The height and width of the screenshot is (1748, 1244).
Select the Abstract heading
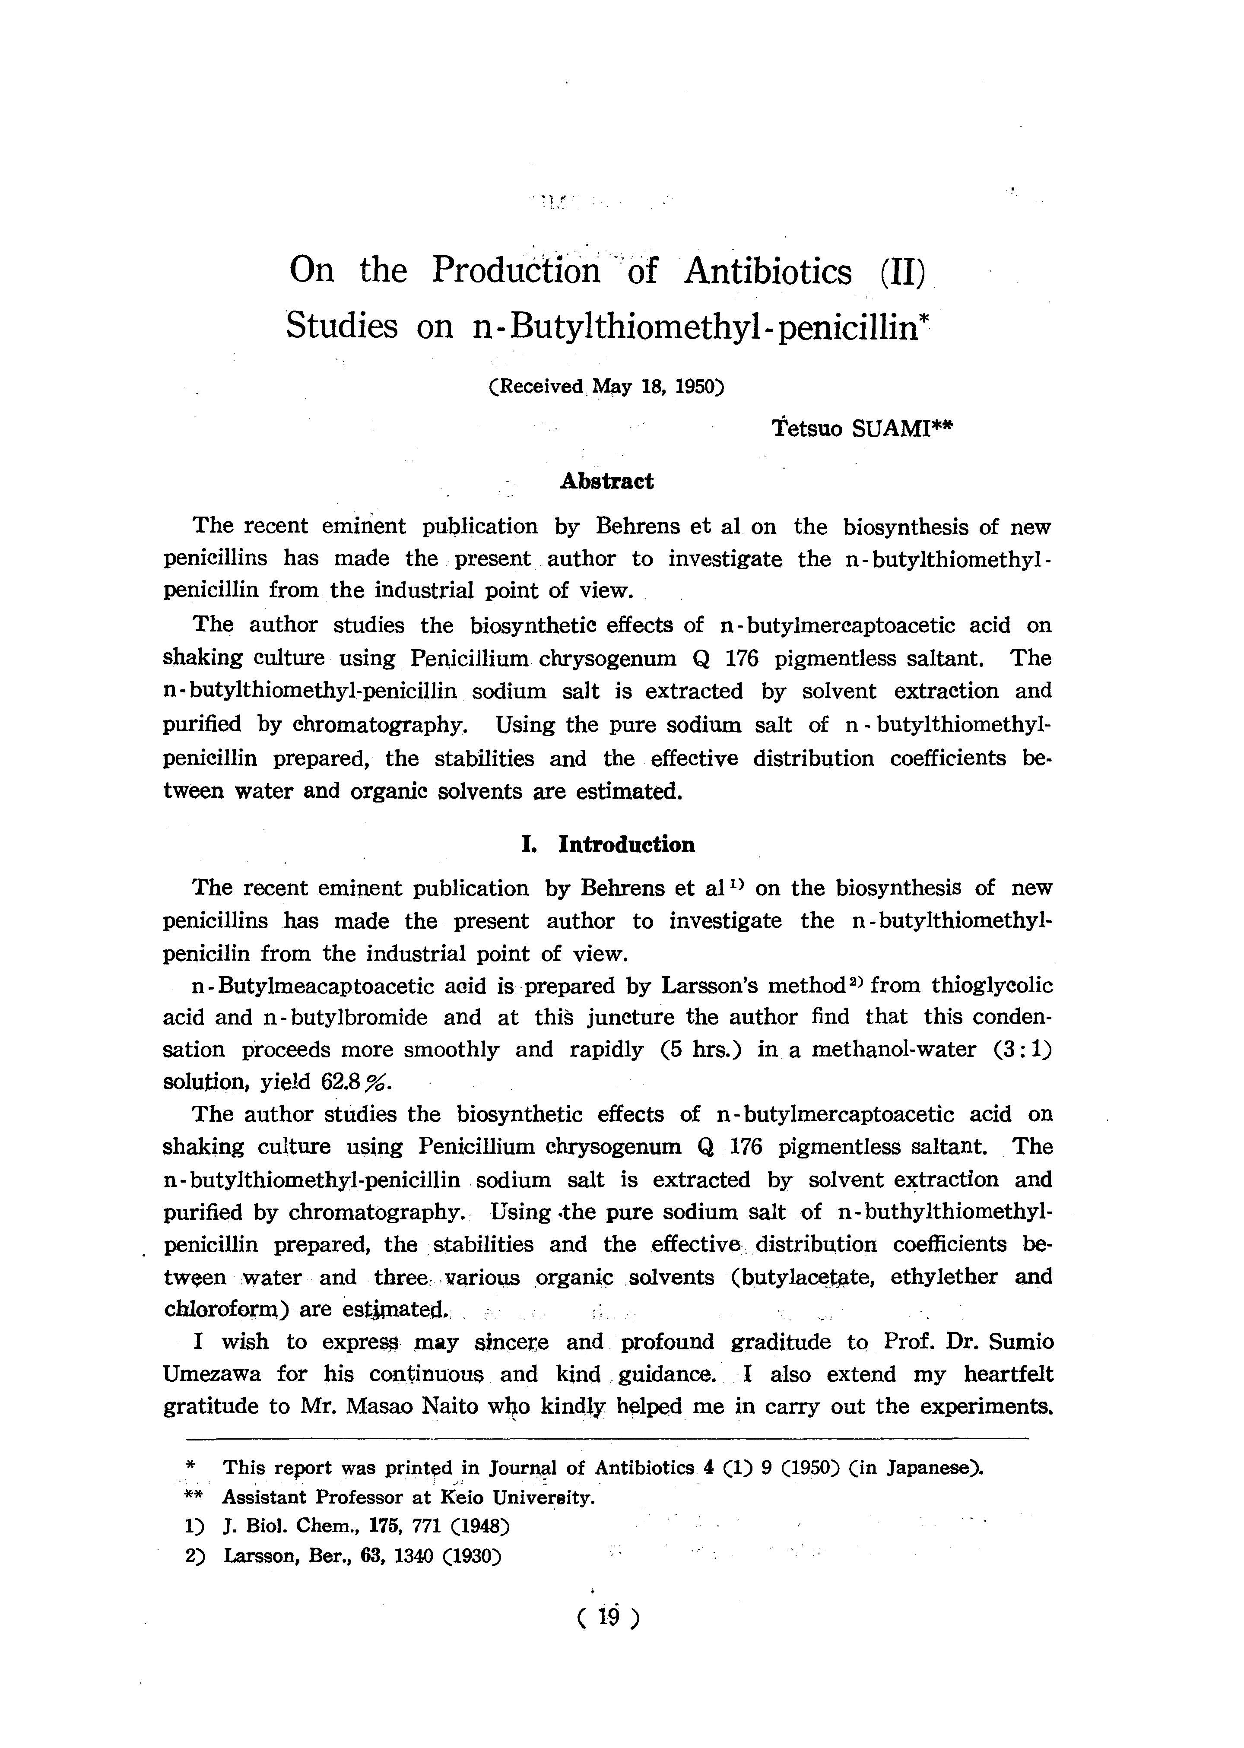(607, 481)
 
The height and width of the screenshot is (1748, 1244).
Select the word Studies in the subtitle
(342, 326)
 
